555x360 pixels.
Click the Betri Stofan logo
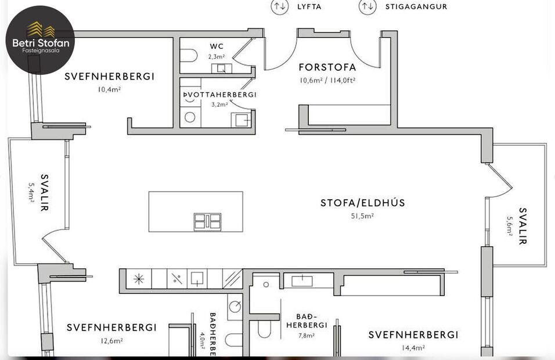click(x=40, y=39)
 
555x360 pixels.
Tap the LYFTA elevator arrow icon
click(x=280, y=6)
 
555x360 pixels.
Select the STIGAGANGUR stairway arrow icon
click(x=366, y=6)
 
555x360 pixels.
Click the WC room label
click(x=217, y=46)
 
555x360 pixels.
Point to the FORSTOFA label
click(x=327, y=67)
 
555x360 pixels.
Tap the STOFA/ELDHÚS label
click(x=363, y=203)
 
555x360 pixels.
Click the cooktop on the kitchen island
click(x=207, y=222)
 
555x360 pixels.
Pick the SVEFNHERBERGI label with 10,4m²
click(x=109, y=76)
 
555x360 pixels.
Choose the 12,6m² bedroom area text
click(x=111, y=341)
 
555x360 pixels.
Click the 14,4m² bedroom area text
click(x=413, y=348)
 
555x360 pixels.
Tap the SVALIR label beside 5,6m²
click(x=523, y=226)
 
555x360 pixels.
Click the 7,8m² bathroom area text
click(x=307, y=335)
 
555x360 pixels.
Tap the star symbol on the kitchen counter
click(x=139, y=279)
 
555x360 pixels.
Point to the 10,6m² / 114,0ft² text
click(x=327, y=80)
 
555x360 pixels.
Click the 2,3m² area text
click(x=217, y=56)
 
